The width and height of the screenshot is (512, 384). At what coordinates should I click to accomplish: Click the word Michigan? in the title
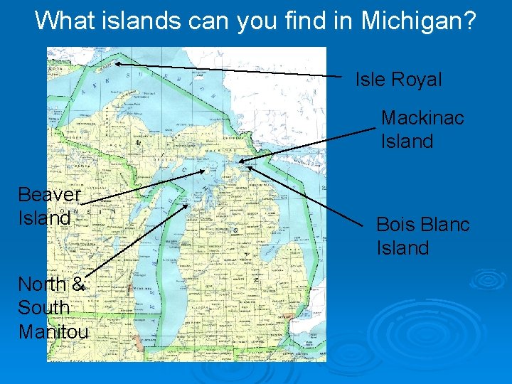pyautogui.click(x=419, y=21)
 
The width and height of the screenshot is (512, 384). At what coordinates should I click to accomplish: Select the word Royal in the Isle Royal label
pyautogui.click(x=418, y=80)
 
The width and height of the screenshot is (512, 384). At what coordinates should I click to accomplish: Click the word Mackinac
pyautogui.click(x=422, y=118)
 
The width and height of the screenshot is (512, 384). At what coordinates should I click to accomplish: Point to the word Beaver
pyautogui.click(x=49, y=194)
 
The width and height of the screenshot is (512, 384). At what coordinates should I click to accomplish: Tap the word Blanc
pyautogui.click(x=446, y=225)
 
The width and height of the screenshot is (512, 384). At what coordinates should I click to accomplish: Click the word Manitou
pyautogui.click(x=53, y=331)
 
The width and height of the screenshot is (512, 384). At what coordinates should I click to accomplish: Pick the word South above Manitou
pyautogui.click(x=43, y=308)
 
